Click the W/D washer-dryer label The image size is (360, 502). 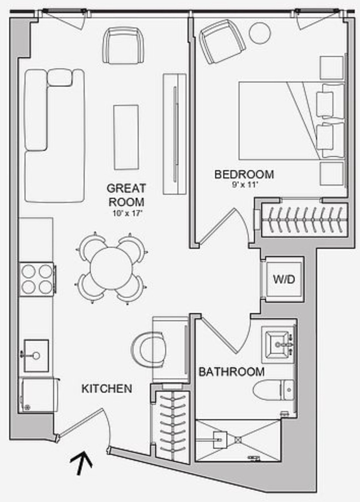(x=284, y=279)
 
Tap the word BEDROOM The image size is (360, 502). (x=244, y=175)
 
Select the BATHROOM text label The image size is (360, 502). (x=232, y=372)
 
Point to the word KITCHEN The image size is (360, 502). (x=107, y=388)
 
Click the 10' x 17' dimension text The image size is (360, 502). (x=127, y=213)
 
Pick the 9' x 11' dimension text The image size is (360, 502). (x=245, y=185)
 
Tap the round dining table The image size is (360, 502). (x=111, y=268)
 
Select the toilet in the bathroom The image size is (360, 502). (x=274, y=390)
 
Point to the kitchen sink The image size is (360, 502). (x=36, y=356)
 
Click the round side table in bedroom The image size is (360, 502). (x=260, y=33)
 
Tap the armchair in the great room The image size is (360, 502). (x=123, y=45)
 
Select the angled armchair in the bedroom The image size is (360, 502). (x=222, y=41)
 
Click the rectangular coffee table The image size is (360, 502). (x=126, y=137)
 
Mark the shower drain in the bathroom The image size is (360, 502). (x=238, y=440)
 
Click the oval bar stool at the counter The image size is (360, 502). (x=148, y=349)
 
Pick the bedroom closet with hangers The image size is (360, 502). (x=305, y=220)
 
